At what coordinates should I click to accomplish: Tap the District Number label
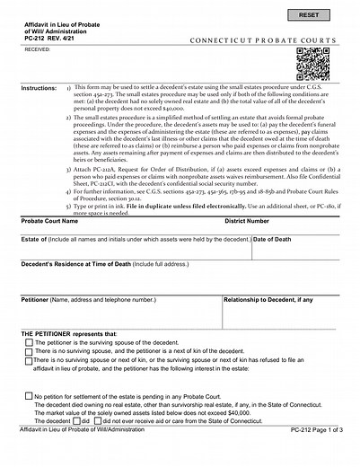click(246, 219)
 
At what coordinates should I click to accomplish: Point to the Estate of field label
click(34, 240)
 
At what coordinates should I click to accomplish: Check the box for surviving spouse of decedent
click(31, 342)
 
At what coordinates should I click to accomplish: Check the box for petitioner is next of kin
click(31, 351)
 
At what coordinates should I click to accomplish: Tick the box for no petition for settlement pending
click(30, 395)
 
